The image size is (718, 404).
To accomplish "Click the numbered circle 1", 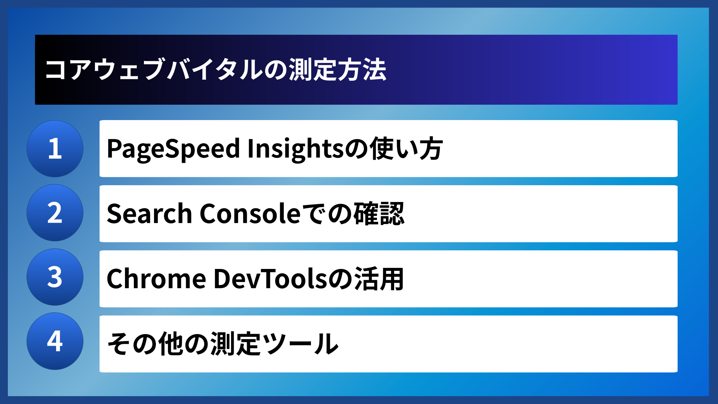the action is click(55, 149).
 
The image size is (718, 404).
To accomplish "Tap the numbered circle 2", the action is click(55, 213).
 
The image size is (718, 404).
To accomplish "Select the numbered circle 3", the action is click(55, 277).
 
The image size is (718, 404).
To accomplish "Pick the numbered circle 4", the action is click(55, 341).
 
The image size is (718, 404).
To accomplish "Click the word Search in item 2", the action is click(149, 214).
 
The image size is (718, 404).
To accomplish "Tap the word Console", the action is click(250, 214).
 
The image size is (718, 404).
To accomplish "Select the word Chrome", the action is click(156, 279).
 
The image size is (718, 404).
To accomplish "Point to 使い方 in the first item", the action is click(406, 149).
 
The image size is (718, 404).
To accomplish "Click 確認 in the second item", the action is click(379, 214).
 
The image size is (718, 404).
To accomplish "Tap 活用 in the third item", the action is click(379, 279).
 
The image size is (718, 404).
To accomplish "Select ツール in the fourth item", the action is click(300, 344).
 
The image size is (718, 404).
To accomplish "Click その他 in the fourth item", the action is click(145, 344).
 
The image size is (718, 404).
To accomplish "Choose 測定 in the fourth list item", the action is click(235, 344).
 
